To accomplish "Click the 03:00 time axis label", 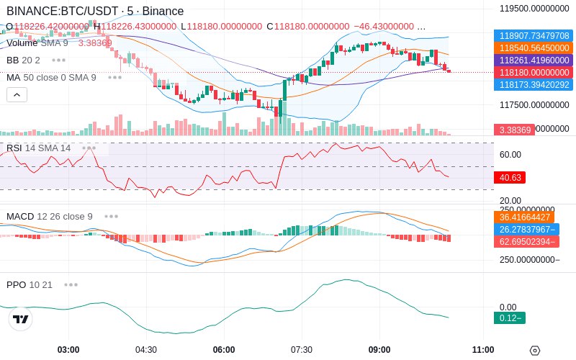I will (68, 350).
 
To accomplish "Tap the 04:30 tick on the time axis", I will (146, 350).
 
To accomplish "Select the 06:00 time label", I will (224, 350).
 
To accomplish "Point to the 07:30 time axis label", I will (302, 350).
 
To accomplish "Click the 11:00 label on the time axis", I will (483, 350).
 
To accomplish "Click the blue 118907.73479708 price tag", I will (534, 35).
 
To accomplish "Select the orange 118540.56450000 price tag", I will (534, 48).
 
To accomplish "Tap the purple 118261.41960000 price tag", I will (534, 60).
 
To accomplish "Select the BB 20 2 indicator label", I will (23, 60).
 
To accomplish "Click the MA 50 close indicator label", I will (51, 77).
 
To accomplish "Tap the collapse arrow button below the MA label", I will (17, 94).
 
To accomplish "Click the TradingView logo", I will (21, 319).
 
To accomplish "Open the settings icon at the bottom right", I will (534, 351).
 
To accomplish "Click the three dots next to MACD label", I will (111, 216).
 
